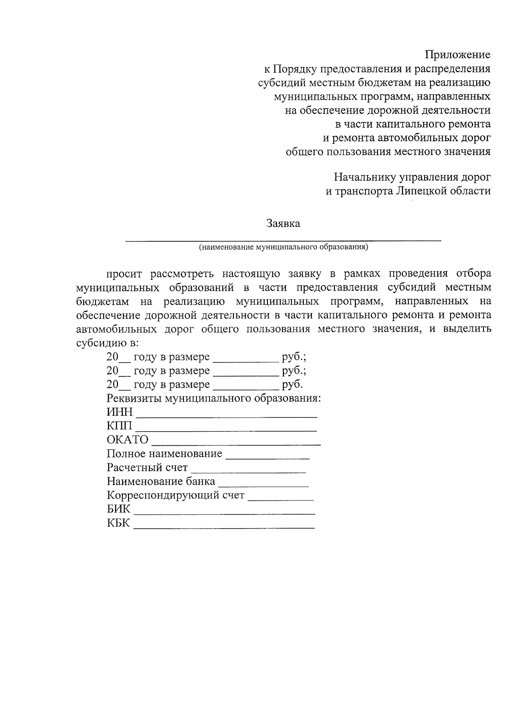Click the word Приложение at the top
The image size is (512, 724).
tap(457, 55)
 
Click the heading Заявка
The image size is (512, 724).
tap(283, 224)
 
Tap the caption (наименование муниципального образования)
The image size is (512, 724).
tap(283, 247)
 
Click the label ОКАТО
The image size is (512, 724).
tap(128, 440)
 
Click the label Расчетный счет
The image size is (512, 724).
tap(147, 468)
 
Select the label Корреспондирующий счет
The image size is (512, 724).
tap(175, 496)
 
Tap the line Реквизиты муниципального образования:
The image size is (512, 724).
tap(213, 398)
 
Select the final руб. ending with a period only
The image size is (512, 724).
tap(292, 384)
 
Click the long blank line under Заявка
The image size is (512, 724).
tap(283, 241)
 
